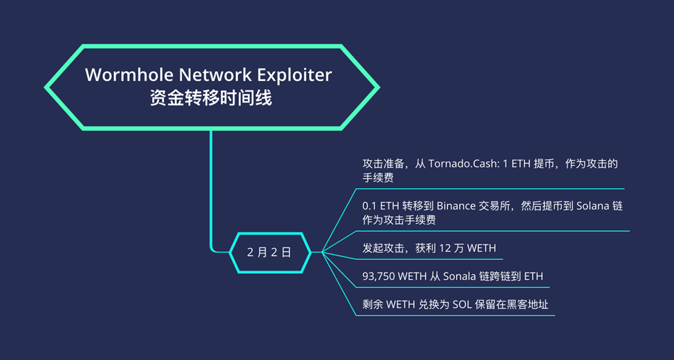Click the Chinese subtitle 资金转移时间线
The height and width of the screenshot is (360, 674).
click(x=211, y=98)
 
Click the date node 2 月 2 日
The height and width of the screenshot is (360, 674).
click(x=269, y=252)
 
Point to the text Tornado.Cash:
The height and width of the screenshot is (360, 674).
click(x=458, y=164)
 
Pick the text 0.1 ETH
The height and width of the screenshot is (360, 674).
click(x=380, y=206)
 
